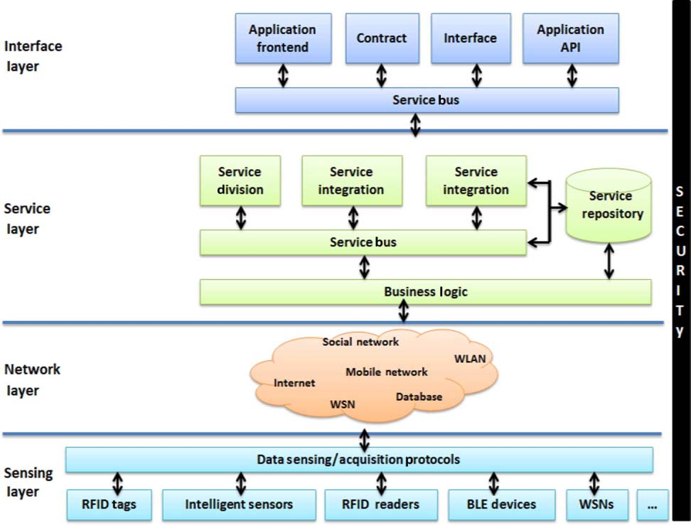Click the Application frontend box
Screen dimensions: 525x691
click(282, 38)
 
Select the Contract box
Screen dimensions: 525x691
click(381, 38)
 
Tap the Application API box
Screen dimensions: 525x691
click(570, 38)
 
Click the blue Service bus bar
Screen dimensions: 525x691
click(427, 100)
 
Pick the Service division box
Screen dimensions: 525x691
click(240, 181)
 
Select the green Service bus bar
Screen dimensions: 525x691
click(363, 242)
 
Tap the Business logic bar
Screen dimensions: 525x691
click(425, 292)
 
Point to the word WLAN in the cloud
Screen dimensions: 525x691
click(470, 359)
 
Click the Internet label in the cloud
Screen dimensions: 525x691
click(294, 383)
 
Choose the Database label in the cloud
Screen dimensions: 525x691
click(419, 396)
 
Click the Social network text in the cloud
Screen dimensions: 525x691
click(360, 342)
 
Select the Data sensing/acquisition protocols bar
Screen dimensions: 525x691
click(359, 460)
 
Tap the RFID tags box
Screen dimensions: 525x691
click(108, 504)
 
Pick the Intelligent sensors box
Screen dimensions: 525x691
click(239, 504)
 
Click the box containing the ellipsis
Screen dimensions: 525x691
click(653, 504)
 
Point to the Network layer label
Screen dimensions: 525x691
click(32, 379)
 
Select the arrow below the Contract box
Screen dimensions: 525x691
click(382, 75)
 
